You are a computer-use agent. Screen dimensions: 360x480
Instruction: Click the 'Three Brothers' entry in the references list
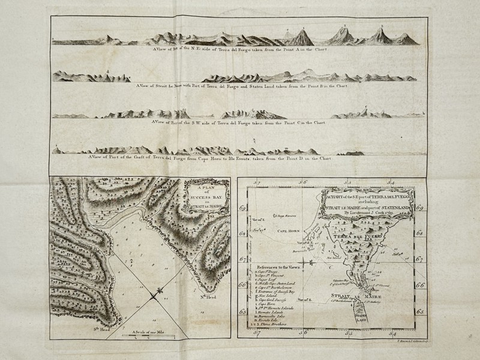click(x=277, y=325)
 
